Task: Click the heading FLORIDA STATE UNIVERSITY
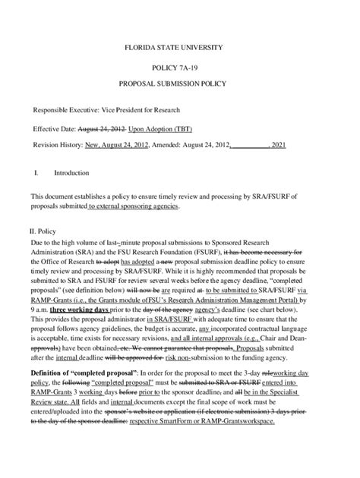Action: coord(179,48)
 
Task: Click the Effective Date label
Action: coord(54,130)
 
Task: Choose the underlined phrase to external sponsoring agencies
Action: coord(134,206)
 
